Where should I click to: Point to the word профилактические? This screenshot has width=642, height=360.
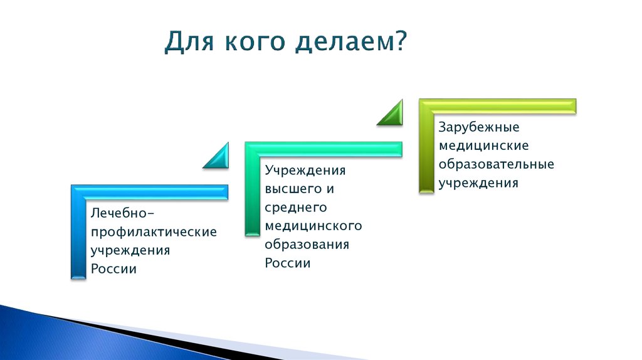click(x=154, y=232)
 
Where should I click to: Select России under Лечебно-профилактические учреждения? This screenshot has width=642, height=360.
click(x=114, y=269)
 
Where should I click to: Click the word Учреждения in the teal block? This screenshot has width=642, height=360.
click(x=305, y=170)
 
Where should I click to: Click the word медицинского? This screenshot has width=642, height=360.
click(x=313, y=225)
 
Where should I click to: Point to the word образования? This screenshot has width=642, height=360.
click(x=307, y=244)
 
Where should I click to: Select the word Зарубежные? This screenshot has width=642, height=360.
click(x=479, y=127)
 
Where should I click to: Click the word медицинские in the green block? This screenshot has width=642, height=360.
click(x=483, y=146)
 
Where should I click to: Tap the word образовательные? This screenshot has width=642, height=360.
click(x=496, y=164)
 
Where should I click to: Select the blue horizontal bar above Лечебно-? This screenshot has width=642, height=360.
click(x=150, y=192)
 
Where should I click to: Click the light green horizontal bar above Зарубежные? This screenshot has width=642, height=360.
click(x=498, y=106)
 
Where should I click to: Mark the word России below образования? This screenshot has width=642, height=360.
click(x=288, y=263)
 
